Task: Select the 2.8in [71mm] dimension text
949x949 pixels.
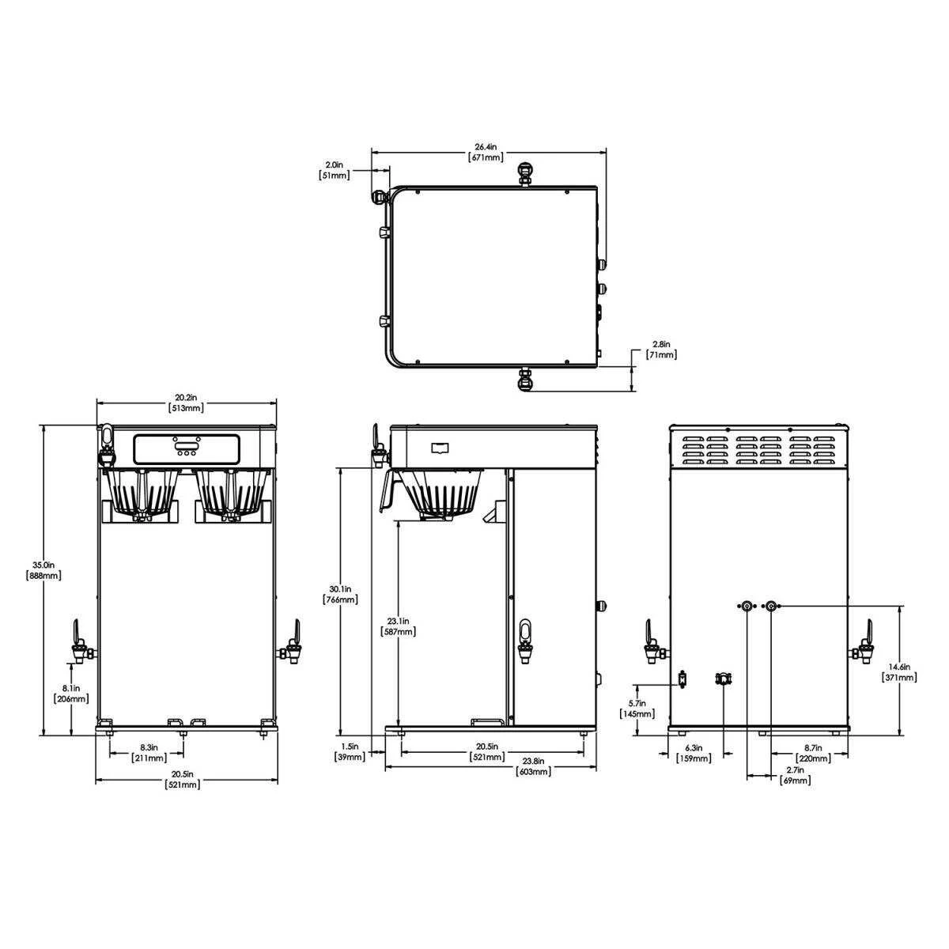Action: point(662,350)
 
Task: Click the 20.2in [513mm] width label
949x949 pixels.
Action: point(186,403)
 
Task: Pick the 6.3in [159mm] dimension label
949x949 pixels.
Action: point(694,753)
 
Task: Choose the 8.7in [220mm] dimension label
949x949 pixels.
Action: point(812,753)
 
